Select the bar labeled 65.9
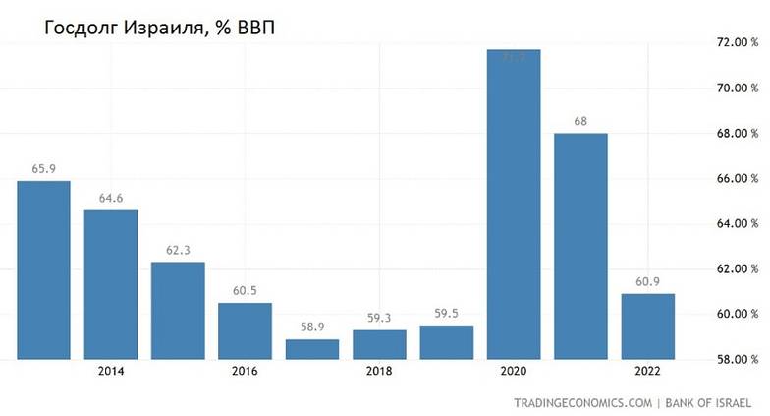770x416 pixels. click(44, 270)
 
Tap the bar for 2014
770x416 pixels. click(111, 285)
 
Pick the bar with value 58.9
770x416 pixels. click(312, 349)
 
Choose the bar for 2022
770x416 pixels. click(647, 327)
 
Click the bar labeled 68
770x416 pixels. click(580, 246)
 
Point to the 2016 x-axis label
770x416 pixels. click(246, 373)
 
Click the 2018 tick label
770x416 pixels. click(379, 373)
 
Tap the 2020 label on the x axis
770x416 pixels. click(514, 373)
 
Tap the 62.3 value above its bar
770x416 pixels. click(178, 250)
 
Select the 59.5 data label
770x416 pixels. click(447, 314)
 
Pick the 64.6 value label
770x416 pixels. click(111, 199)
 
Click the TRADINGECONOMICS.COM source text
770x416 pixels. click(582, 403)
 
